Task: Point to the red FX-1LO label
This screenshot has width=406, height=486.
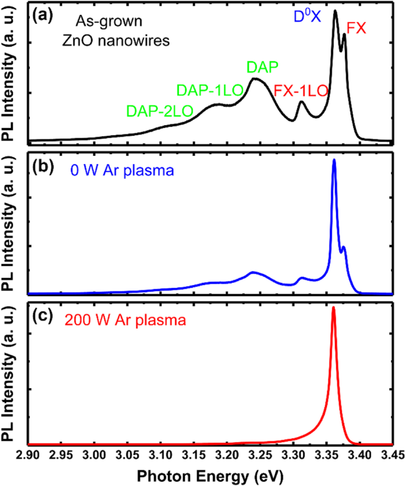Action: [300, 91]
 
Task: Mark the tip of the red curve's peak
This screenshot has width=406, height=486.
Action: [333, 307]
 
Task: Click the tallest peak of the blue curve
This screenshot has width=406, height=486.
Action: [334, 159]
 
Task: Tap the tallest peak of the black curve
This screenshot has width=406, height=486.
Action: [335, 11]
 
